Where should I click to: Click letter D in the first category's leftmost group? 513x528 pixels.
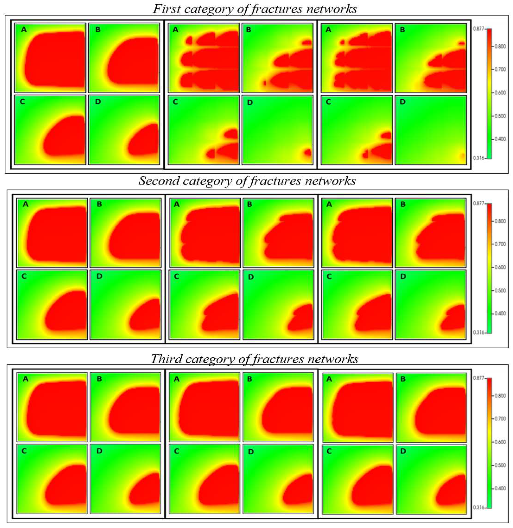tap(98, 102)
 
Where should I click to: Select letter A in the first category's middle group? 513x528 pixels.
tap(175, 30)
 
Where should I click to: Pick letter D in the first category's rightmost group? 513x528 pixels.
tap(403, 102)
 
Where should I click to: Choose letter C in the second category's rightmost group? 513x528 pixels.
tap(329, 276)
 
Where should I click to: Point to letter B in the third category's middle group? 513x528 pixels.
tap(250, 379)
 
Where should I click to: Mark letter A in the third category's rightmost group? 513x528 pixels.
tap(329, 379)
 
